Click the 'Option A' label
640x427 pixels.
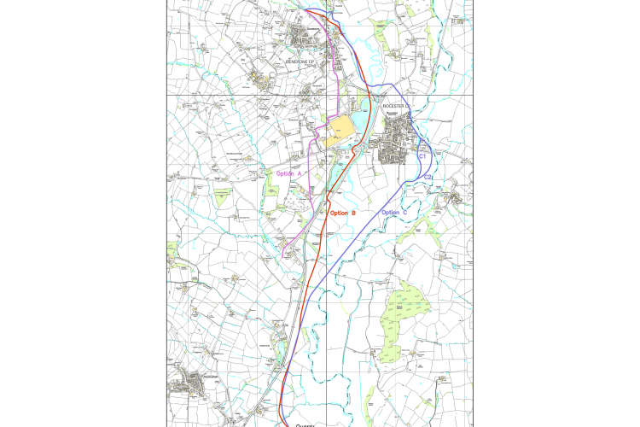[290, 173]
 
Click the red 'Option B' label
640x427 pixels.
[343, 212]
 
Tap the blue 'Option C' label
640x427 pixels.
[394, 212]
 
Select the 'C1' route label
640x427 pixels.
[422, 157]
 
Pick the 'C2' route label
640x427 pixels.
[429, 177]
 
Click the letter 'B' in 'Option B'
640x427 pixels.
[354, 212]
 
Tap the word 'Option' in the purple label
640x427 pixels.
[286, 173]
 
